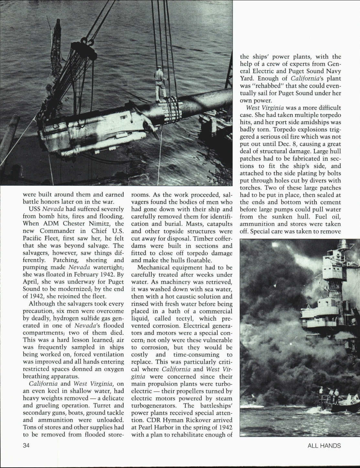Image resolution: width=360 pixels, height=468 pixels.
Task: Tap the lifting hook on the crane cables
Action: tap(88, 43)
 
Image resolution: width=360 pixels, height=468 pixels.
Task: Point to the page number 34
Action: tap(27, 446)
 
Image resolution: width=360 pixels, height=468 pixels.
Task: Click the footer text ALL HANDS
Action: tap(324, 446)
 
